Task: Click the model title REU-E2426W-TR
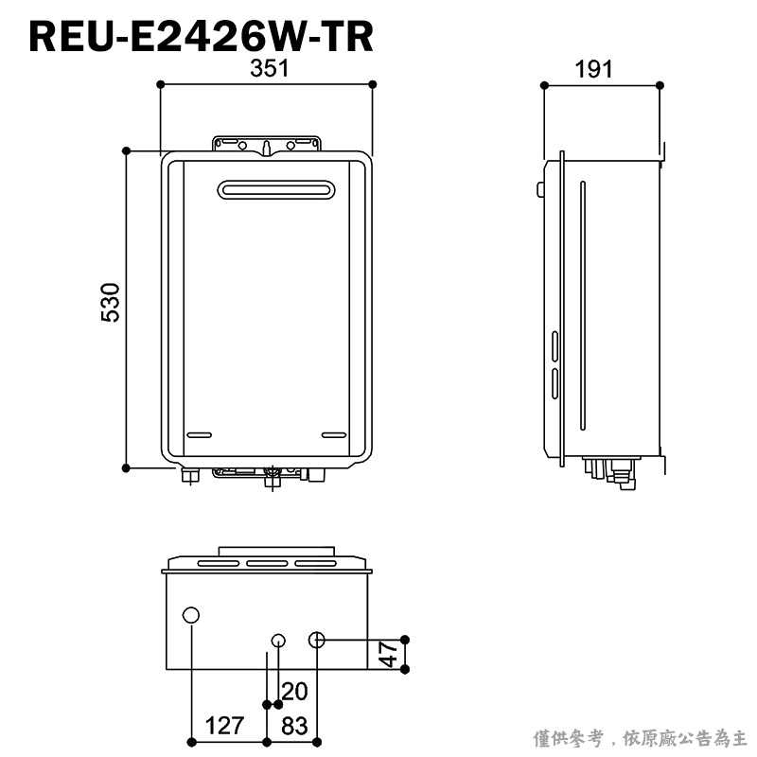(202, 37)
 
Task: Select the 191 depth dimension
(593, 69)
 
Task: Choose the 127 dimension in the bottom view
(224, 726)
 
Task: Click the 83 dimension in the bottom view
(295, 726)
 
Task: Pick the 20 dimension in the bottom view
(294, 691)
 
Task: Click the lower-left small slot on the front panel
(200, 435)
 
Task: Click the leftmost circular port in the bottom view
(191, 616)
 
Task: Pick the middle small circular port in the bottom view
(277, 641)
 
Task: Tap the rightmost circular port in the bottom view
(316, 641)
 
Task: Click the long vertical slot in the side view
(583, 303)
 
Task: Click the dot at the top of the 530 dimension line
(126, 150)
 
